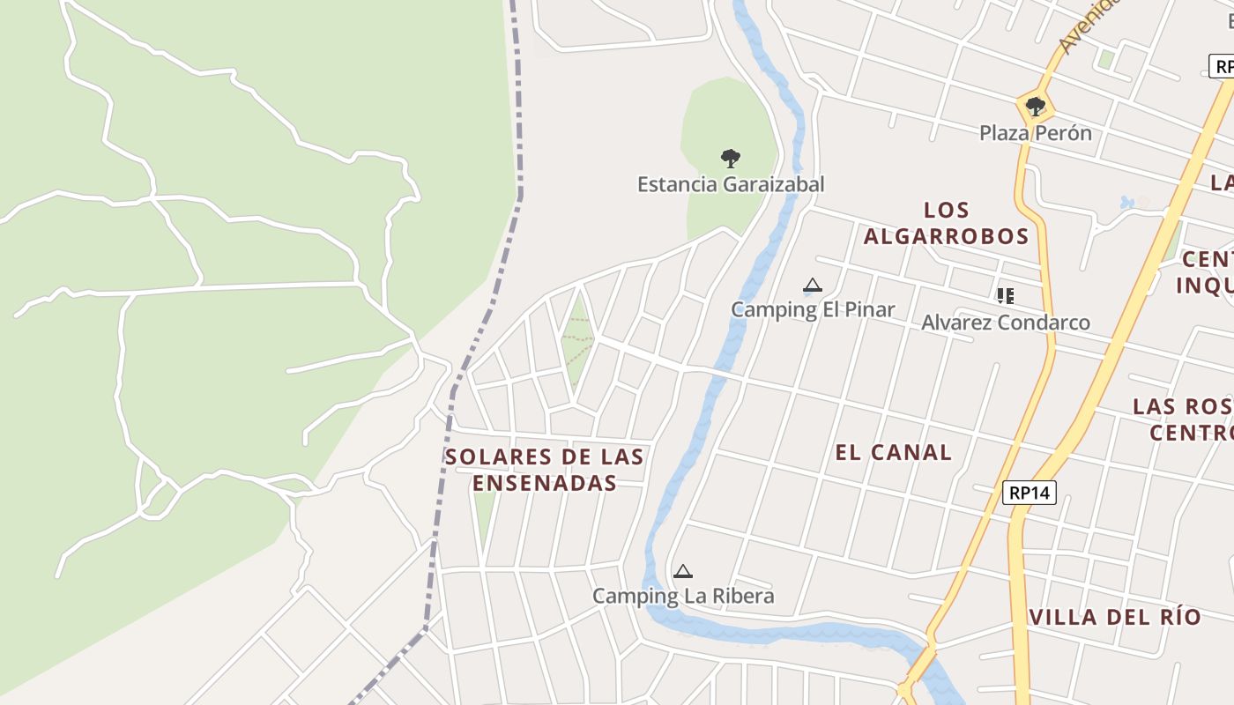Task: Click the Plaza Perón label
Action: (x=1036, y=133)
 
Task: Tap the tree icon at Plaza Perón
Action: (x=1036, y=108)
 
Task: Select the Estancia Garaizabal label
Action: (x=731, y=184)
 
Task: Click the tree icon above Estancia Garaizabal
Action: (x=730, y=159)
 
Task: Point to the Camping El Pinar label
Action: (x=813, y=309)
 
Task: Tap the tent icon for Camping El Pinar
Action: (x=813, y=286)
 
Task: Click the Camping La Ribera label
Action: (x=683, y=596)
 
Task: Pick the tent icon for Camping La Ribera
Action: (x=682, y=572)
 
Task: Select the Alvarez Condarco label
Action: (x=1006, y=323)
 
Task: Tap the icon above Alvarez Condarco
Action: (x=1005, y=296)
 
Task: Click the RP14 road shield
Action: (x=1029, y=493)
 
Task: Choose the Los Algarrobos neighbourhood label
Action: (x=947, y=223)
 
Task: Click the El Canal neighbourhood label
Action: (x=893, y=453)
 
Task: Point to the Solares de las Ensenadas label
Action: (x=544, y=470)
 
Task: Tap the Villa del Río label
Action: (x=1115, y=617)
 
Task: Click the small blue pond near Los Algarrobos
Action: (x=1127, y=203)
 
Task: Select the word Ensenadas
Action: (x=544, y=483)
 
